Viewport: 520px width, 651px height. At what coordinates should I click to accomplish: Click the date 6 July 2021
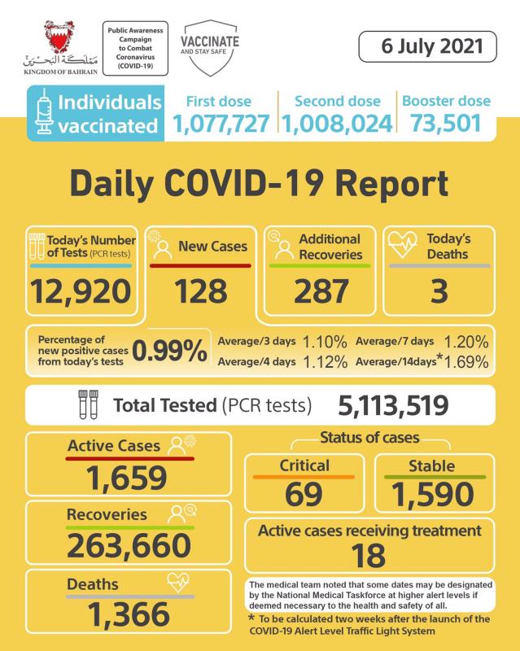[x=426, y=46]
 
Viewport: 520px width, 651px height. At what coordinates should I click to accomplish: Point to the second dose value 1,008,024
[x=337, y=125]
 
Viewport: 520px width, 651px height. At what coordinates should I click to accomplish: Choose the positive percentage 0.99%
[x=169, y=351]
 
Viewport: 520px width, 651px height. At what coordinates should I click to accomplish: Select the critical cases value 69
[x=303, y=493]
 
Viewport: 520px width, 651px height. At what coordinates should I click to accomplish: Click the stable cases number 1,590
[x=432, y=493]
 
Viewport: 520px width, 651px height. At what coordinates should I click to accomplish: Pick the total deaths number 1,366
[x=129, y=614]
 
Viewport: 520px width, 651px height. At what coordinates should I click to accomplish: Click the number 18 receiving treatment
[x=369, y=557]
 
